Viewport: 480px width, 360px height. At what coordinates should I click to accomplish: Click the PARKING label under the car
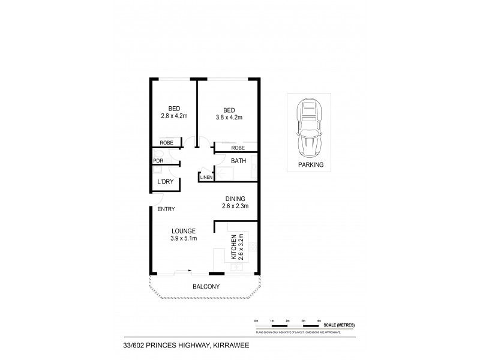tap(311, 164)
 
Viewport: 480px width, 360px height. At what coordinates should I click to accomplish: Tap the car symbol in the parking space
tap(310, 128)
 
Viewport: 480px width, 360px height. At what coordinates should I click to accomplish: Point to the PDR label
tap(158, 161)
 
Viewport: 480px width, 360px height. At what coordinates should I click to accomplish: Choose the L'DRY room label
tap(165, 181)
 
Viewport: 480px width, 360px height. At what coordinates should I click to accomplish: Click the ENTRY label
tap(166, 209)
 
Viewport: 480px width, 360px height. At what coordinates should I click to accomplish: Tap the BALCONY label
tap(205, 287)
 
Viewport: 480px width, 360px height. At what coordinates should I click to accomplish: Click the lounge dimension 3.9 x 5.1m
tap(184, 238)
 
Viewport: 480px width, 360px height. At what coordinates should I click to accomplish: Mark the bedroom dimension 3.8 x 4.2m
tap(229, 117)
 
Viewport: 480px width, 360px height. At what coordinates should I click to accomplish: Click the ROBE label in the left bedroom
tap(167, 143)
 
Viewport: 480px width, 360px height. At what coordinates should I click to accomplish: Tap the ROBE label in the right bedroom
tap(238, 147)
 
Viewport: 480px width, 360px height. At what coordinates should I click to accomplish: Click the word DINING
tap(236, 199)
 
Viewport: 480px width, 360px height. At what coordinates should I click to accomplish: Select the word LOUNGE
tap(184, 230)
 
